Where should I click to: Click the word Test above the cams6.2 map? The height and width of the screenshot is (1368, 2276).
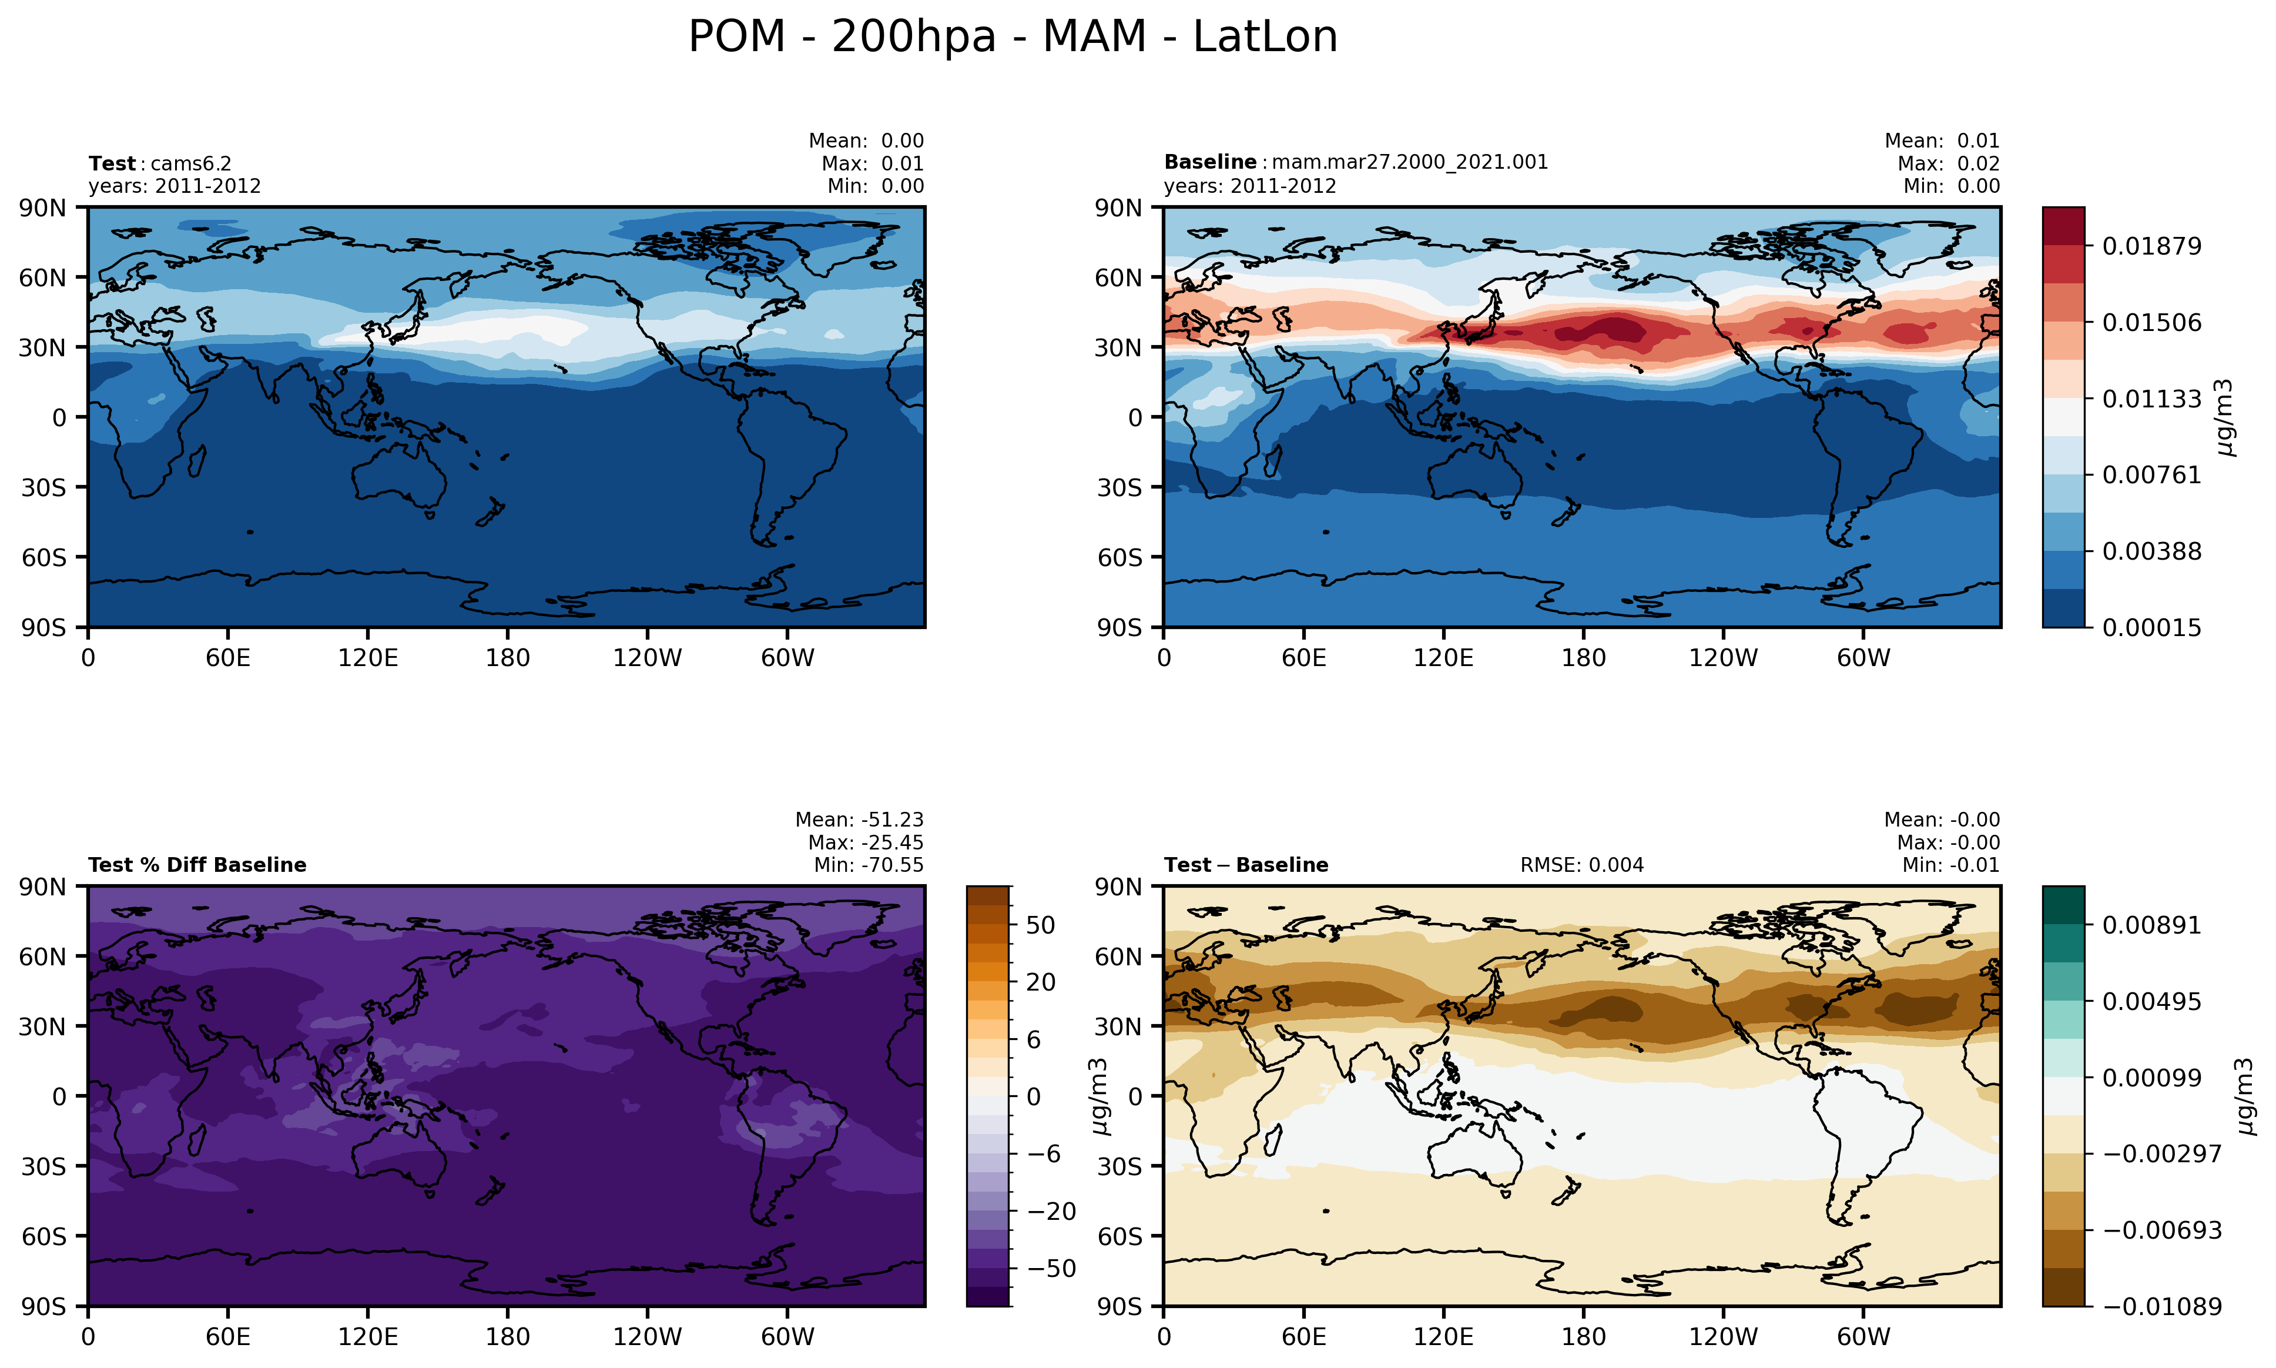pos(112,164)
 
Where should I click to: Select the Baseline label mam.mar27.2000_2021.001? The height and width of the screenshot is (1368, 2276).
pos(1409,162)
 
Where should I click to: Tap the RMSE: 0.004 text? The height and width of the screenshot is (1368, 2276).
pos(1581,865)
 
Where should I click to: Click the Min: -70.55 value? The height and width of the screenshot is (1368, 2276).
pos(868,865)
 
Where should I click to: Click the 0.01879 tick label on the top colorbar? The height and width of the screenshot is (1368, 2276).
pos(2151,247)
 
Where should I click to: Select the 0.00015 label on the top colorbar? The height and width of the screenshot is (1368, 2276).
pos(2151,628)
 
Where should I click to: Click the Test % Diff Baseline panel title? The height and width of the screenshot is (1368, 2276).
pos(197,865)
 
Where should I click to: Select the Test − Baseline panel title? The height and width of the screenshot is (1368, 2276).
pos(1246,865)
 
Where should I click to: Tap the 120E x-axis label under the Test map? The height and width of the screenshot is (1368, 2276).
pos(368,658)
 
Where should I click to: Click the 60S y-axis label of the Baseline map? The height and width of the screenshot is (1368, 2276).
pos(1119,558)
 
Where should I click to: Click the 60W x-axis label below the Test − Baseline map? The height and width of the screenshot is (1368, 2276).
pos(1863,1337)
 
